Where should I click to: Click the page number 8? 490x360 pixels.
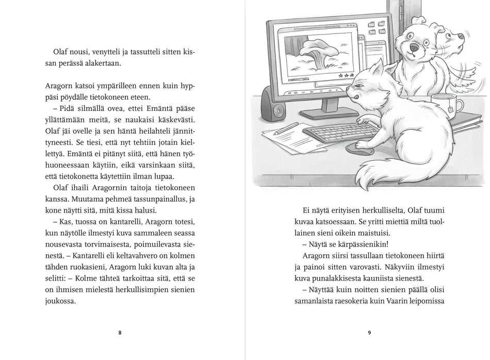(120, 333)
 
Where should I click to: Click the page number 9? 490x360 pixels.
(369, 333)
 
